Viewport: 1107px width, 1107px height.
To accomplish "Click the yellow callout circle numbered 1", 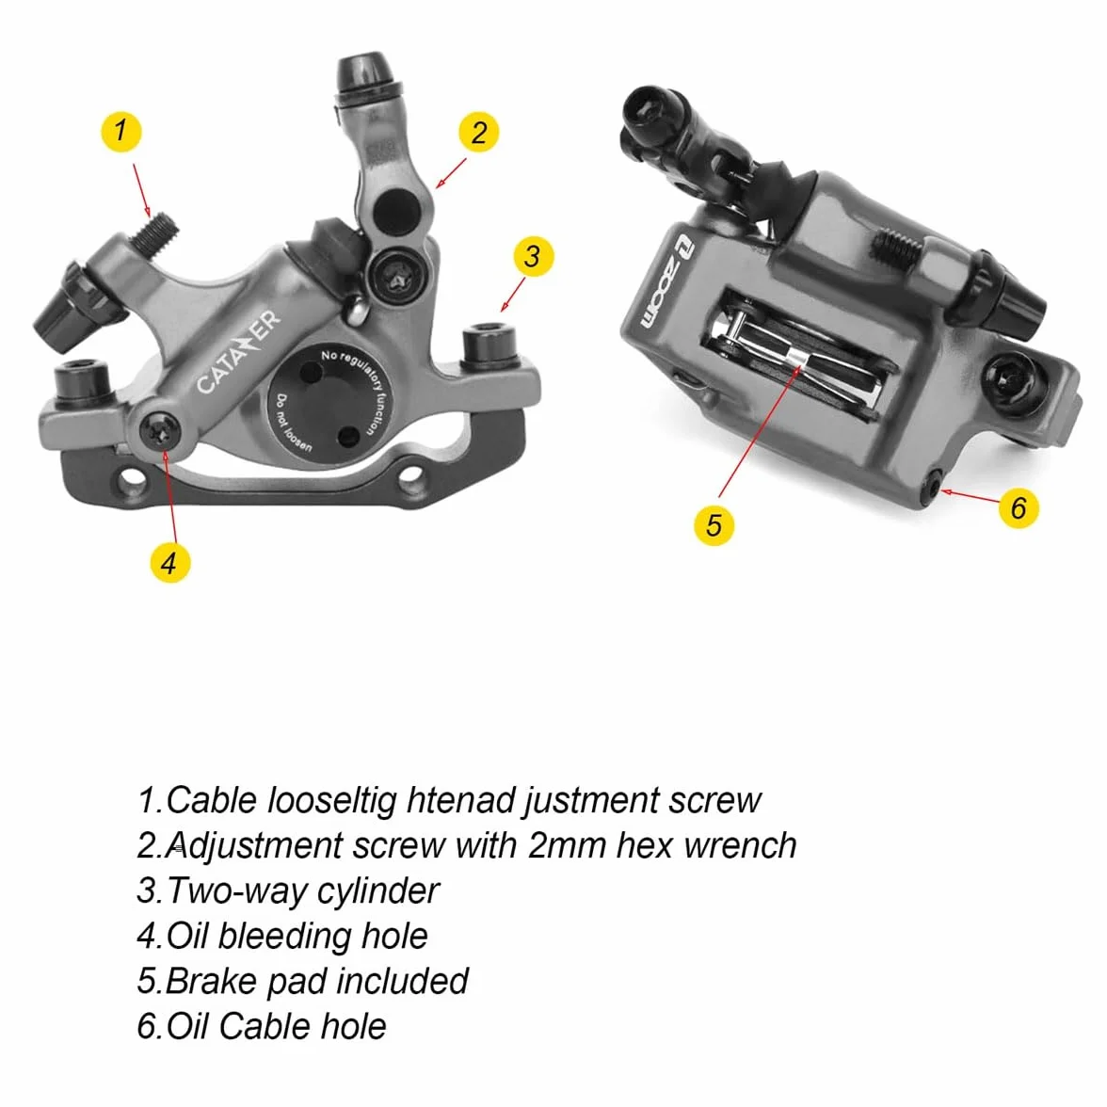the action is [x=121, y=132].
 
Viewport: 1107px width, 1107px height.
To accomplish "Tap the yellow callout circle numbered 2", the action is [x=478, y=132].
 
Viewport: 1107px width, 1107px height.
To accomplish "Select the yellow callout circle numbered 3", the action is [x=533, y=256].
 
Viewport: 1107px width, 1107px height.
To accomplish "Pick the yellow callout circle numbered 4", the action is [x=170, y=563].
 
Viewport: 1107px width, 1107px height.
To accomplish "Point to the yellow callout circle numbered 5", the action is [x=714, y=525].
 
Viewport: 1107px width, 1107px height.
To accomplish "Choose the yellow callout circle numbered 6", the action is [x=1019, y=506].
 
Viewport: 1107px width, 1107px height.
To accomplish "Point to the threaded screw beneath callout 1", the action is [x=155, y=233].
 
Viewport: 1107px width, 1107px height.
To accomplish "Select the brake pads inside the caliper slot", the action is [x=798, y=357].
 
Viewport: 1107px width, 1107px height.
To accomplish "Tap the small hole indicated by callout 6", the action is [x=934, y=487].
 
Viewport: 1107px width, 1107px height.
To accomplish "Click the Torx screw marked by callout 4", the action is [x=160, y=430].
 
